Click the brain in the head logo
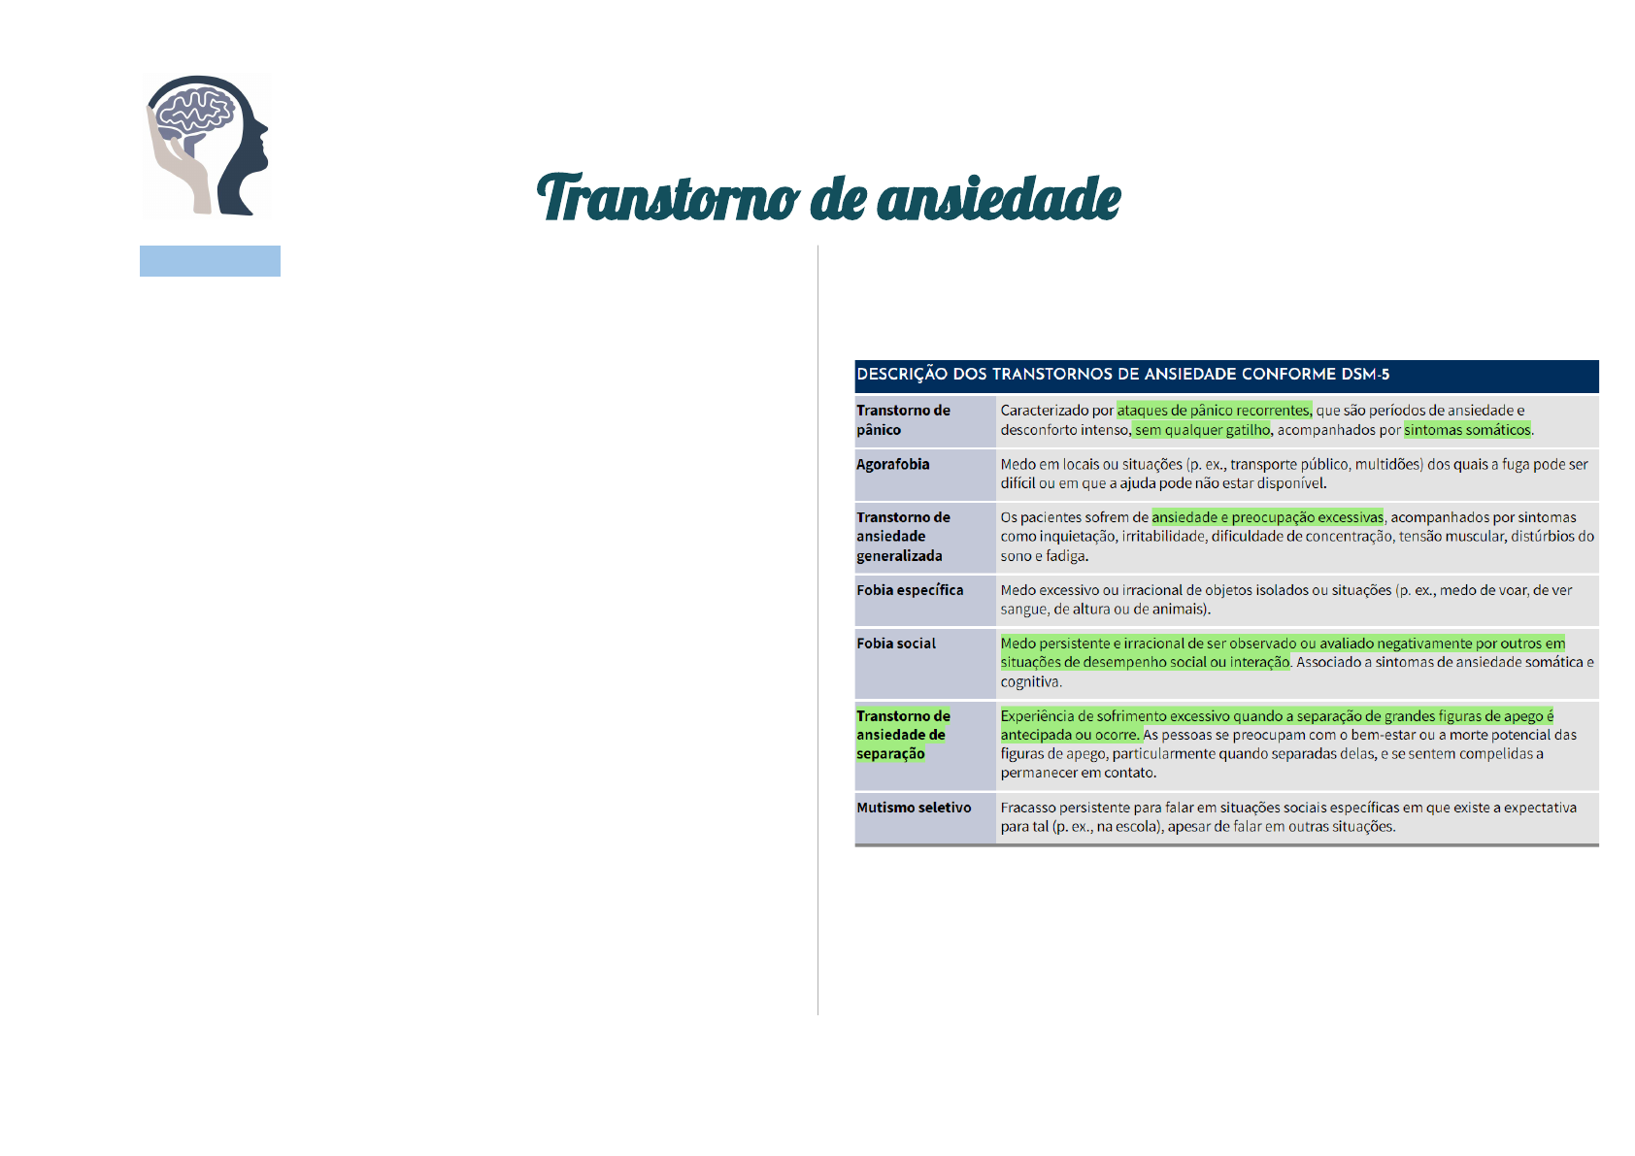pyautogui.click(x=194, y=114)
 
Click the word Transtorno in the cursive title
pyautogui.click(x=667, y=198)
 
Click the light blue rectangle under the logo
pyautogui.click(x=211, y=261)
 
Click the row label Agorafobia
pyautogui.click(x=892, y=464)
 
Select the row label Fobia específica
pyautogui.click(x=910, y=590)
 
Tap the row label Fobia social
pyautogui.click(x=895, y=643)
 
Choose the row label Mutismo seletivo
pyautogui.click(x=914, y=808)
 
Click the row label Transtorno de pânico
pyautogui.click(x=903, y=419)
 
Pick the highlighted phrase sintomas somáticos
pyautogui.click(x=1466, y=430)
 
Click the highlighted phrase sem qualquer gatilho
pyautogui.click(x=1201, y=430)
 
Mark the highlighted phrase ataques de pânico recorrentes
pyautogui.click(x=1214, y=411)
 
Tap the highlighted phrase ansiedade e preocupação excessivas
pyautogui.click(x=1267, y=517)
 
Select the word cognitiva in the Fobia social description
pyautogui.click(x=1031, y=681)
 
